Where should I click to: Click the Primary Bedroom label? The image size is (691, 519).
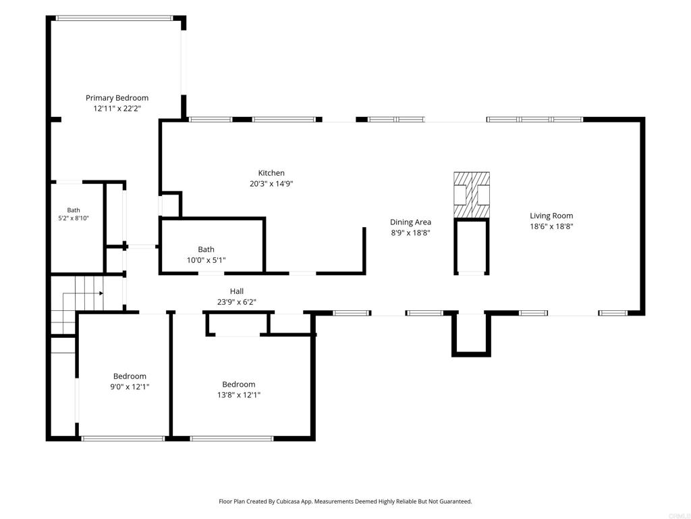pos(117,98)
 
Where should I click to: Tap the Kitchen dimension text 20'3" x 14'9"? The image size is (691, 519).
pos(271,184)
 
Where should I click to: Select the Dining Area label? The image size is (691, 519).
pos(410,222)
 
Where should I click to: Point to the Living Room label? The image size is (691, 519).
pos(551,216)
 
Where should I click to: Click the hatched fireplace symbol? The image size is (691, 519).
pos(472,195)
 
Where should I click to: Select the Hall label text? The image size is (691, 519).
pos(237,291)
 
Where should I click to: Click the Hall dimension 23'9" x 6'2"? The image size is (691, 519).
pos(237,302)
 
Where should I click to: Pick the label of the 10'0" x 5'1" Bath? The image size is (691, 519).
pos(206,249)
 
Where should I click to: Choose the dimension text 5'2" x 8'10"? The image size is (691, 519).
pos(74,218)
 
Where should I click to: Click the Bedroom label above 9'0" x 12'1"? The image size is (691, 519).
pos(130,376)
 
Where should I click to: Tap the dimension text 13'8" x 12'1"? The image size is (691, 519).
pos(238,395)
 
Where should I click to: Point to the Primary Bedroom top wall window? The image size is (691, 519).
pos(114,18)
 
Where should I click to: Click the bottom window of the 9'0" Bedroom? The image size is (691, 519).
pos(123,439)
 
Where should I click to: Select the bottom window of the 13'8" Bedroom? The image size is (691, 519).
pos(232,439)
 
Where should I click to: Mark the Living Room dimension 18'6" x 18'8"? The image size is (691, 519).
pos(551,226)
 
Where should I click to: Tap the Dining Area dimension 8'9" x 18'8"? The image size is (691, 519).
pos(410,232)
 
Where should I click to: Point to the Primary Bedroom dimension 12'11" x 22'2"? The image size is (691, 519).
pos(117,109)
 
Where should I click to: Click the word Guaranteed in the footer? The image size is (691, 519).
pos(457,501)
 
